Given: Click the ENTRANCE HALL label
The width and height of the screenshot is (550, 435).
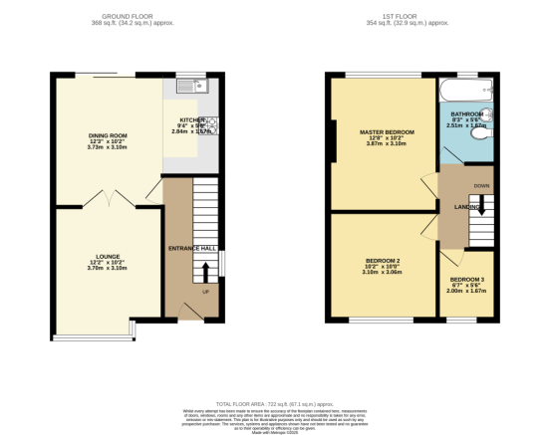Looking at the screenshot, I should (x=192, y=248).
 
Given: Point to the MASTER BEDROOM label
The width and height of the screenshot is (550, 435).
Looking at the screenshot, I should (x=387, y=131).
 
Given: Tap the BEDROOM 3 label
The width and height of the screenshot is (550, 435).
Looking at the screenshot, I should (x=468, y=280).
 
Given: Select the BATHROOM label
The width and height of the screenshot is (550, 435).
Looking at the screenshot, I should (x=466, y=114).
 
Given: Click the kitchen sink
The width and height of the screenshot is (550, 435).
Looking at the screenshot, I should (x=189, y=87).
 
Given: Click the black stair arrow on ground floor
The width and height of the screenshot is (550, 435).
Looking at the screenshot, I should (x=206, y=271).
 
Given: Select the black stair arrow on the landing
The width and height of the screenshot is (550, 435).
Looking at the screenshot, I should (x=481, y=207).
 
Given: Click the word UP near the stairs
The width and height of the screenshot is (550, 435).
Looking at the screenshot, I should (x=206, y=293).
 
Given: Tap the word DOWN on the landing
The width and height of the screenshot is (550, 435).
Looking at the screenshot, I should (x=481, y=186).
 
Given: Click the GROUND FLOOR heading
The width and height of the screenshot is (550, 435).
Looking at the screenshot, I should (x=137, y=17).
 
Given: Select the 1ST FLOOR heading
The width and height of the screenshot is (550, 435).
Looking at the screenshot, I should (x=412, y=17).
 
